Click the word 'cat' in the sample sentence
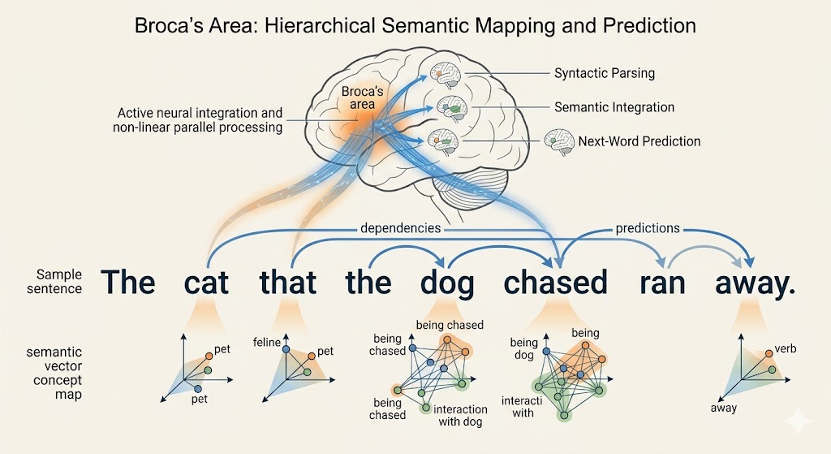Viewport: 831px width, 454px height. (206, 282)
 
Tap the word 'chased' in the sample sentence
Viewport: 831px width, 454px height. (556, 282)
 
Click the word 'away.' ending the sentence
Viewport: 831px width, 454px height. (756, 282)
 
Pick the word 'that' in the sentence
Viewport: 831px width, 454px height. (287, 282)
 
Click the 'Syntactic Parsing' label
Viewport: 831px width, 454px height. (604, 73)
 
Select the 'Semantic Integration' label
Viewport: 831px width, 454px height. (614, 107)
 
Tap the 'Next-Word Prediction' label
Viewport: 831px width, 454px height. (639, 141)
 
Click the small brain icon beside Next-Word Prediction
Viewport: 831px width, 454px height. (559, 140)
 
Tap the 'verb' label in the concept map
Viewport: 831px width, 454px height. (786, 349)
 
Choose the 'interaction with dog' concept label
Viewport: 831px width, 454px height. (460, 415)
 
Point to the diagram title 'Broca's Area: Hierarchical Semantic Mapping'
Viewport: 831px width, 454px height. (415, 25)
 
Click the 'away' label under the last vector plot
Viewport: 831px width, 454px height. (723, 408)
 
